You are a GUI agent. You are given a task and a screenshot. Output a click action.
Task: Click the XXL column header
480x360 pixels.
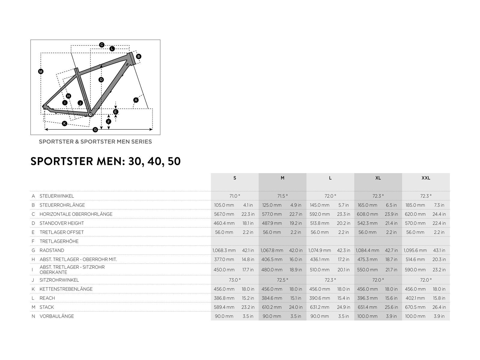425,178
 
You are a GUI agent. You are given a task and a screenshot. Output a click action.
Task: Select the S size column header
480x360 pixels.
235,178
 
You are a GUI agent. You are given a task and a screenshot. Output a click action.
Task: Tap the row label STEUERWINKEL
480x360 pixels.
57,196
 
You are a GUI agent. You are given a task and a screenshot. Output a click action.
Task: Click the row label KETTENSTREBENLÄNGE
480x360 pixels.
66,289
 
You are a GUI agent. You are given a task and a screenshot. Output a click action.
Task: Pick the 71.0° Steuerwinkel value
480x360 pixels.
235,196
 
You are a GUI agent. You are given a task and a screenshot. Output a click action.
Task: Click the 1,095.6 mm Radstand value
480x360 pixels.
415,250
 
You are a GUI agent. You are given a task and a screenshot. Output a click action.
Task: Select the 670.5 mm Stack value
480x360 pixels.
415,307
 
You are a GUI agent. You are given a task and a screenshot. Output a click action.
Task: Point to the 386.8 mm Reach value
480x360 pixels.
224,298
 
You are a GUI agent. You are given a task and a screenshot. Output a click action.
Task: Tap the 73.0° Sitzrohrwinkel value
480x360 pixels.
235,280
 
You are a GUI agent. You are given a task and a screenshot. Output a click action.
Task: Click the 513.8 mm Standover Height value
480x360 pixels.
319,223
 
